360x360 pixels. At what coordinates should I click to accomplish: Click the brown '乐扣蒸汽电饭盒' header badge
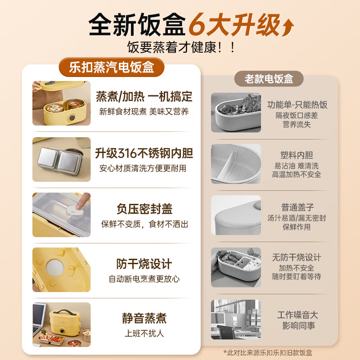tap(112, 67)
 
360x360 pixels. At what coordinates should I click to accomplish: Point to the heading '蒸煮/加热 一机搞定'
tap(144, 96)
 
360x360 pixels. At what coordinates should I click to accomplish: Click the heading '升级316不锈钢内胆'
tap(144, 153)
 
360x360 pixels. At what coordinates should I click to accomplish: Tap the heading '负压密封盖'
tap(144, 209)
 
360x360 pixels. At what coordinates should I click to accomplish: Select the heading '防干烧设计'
tap(144, 264)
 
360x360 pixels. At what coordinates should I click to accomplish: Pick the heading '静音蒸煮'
tap(144, 319)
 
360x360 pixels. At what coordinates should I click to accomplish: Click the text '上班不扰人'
tap(144, 334)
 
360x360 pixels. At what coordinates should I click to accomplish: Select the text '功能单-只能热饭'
tap(297, 105)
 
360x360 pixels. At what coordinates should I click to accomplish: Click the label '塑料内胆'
tap(297, 155)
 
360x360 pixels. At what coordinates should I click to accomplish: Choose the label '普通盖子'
tap(297, 207)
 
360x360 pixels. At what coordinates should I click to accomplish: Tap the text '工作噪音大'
tap(297, 315)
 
